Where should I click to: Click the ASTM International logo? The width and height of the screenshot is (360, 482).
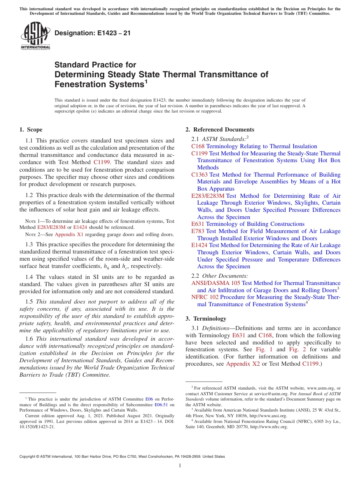(35, 36)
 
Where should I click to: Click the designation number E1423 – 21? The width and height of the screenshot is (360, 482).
(92, 33)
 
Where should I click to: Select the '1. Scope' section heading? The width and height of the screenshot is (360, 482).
(31, 130)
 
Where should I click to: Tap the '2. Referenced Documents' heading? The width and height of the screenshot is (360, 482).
(220, 130)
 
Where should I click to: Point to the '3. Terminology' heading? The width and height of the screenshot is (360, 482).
(206, 318)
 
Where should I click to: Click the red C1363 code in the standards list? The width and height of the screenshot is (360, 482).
(200, 175)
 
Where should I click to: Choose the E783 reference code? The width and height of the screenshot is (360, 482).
(198, 231)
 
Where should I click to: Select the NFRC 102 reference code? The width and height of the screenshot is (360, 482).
(205, 297)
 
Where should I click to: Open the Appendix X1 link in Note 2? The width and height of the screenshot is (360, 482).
(69, 235)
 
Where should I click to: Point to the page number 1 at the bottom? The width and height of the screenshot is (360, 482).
(180, 466)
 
